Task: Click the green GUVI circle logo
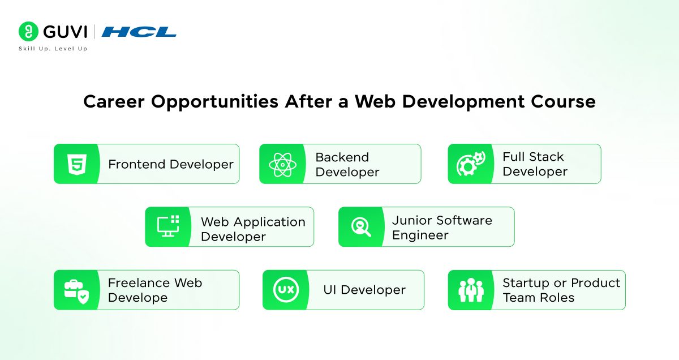coord(28,32)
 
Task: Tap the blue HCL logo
coord(139,32)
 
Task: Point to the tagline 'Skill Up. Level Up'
coord(53,49)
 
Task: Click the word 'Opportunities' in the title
coord(214,101)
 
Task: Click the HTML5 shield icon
coord(77,164)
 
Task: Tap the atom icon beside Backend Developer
coord(282,164)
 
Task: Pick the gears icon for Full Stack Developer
coord(471,164)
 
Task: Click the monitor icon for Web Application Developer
coord(168,226)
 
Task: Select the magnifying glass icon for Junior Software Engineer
coord(361,227)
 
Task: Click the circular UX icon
coord(286,290)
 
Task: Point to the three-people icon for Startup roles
coord(471,290)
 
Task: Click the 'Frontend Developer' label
coord(171,164)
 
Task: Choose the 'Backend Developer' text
coord(347,164)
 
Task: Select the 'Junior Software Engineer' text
coord(442,228)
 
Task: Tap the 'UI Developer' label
coord(364,290)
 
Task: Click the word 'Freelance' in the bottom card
coord(138,282)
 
